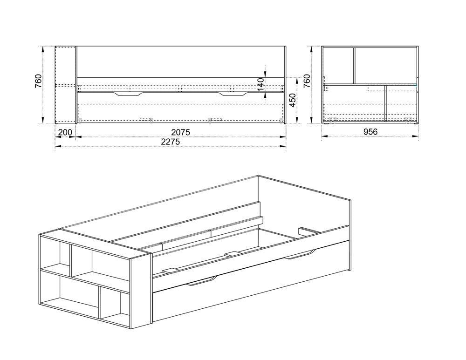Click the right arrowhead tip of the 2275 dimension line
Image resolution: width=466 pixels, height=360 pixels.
[x=286, y=146]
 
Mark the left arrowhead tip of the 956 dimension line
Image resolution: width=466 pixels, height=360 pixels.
[x=322, y=136]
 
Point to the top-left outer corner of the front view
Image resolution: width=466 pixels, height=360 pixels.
[x=55, y=46]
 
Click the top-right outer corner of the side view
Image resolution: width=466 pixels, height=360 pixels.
[x=418, y=46]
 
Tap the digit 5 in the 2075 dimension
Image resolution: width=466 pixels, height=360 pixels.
[x=187, y=132]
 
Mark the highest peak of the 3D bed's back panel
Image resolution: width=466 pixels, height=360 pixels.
[x=257, y=175]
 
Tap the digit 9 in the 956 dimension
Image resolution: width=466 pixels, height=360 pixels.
[x=366, y=131]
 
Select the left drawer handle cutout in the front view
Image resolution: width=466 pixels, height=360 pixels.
[x=128, y=94]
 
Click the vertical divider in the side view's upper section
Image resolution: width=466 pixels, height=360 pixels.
[x=354, y=65]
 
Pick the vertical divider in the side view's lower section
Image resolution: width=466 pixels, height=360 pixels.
[x=385, y=104]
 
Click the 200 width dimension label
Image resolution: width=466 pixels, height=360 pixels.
[x=65, y=132]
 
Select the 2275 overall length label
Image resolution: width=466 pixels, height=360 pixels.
[x=170, y=142]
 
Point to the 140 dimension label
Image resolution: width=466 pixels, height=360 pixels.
[x=260, y=85]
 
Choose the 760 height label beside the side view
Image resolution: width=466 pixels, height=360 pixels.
[x=307, y=81]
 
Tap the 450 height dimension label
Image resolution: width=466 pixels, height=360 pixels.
[x=293, y=101]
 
